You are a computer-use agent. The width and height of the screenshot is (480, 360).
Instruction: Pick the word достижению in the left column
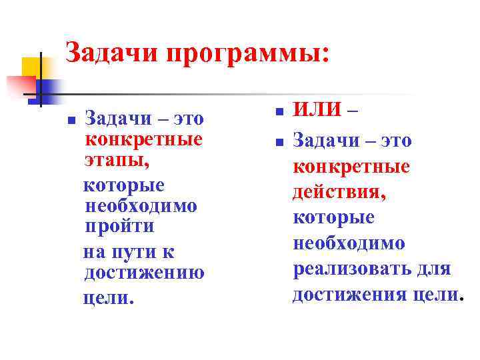pos(144,273)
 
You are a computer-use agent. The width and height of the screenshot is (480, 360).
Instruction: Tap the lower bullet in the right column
pos(281,142)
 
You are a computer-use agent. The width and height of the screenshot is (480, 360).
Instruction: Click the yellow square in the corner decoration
pos(32,67)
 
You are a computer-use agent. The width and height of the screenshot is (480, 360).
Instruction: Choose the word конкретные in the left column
pos(143,141)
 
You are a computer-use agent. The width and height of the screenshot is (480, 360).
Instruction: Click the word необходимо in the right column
pos(348,243)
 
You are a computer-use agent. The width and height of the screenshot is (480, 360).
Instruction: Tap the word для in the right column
pos(437,269)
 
